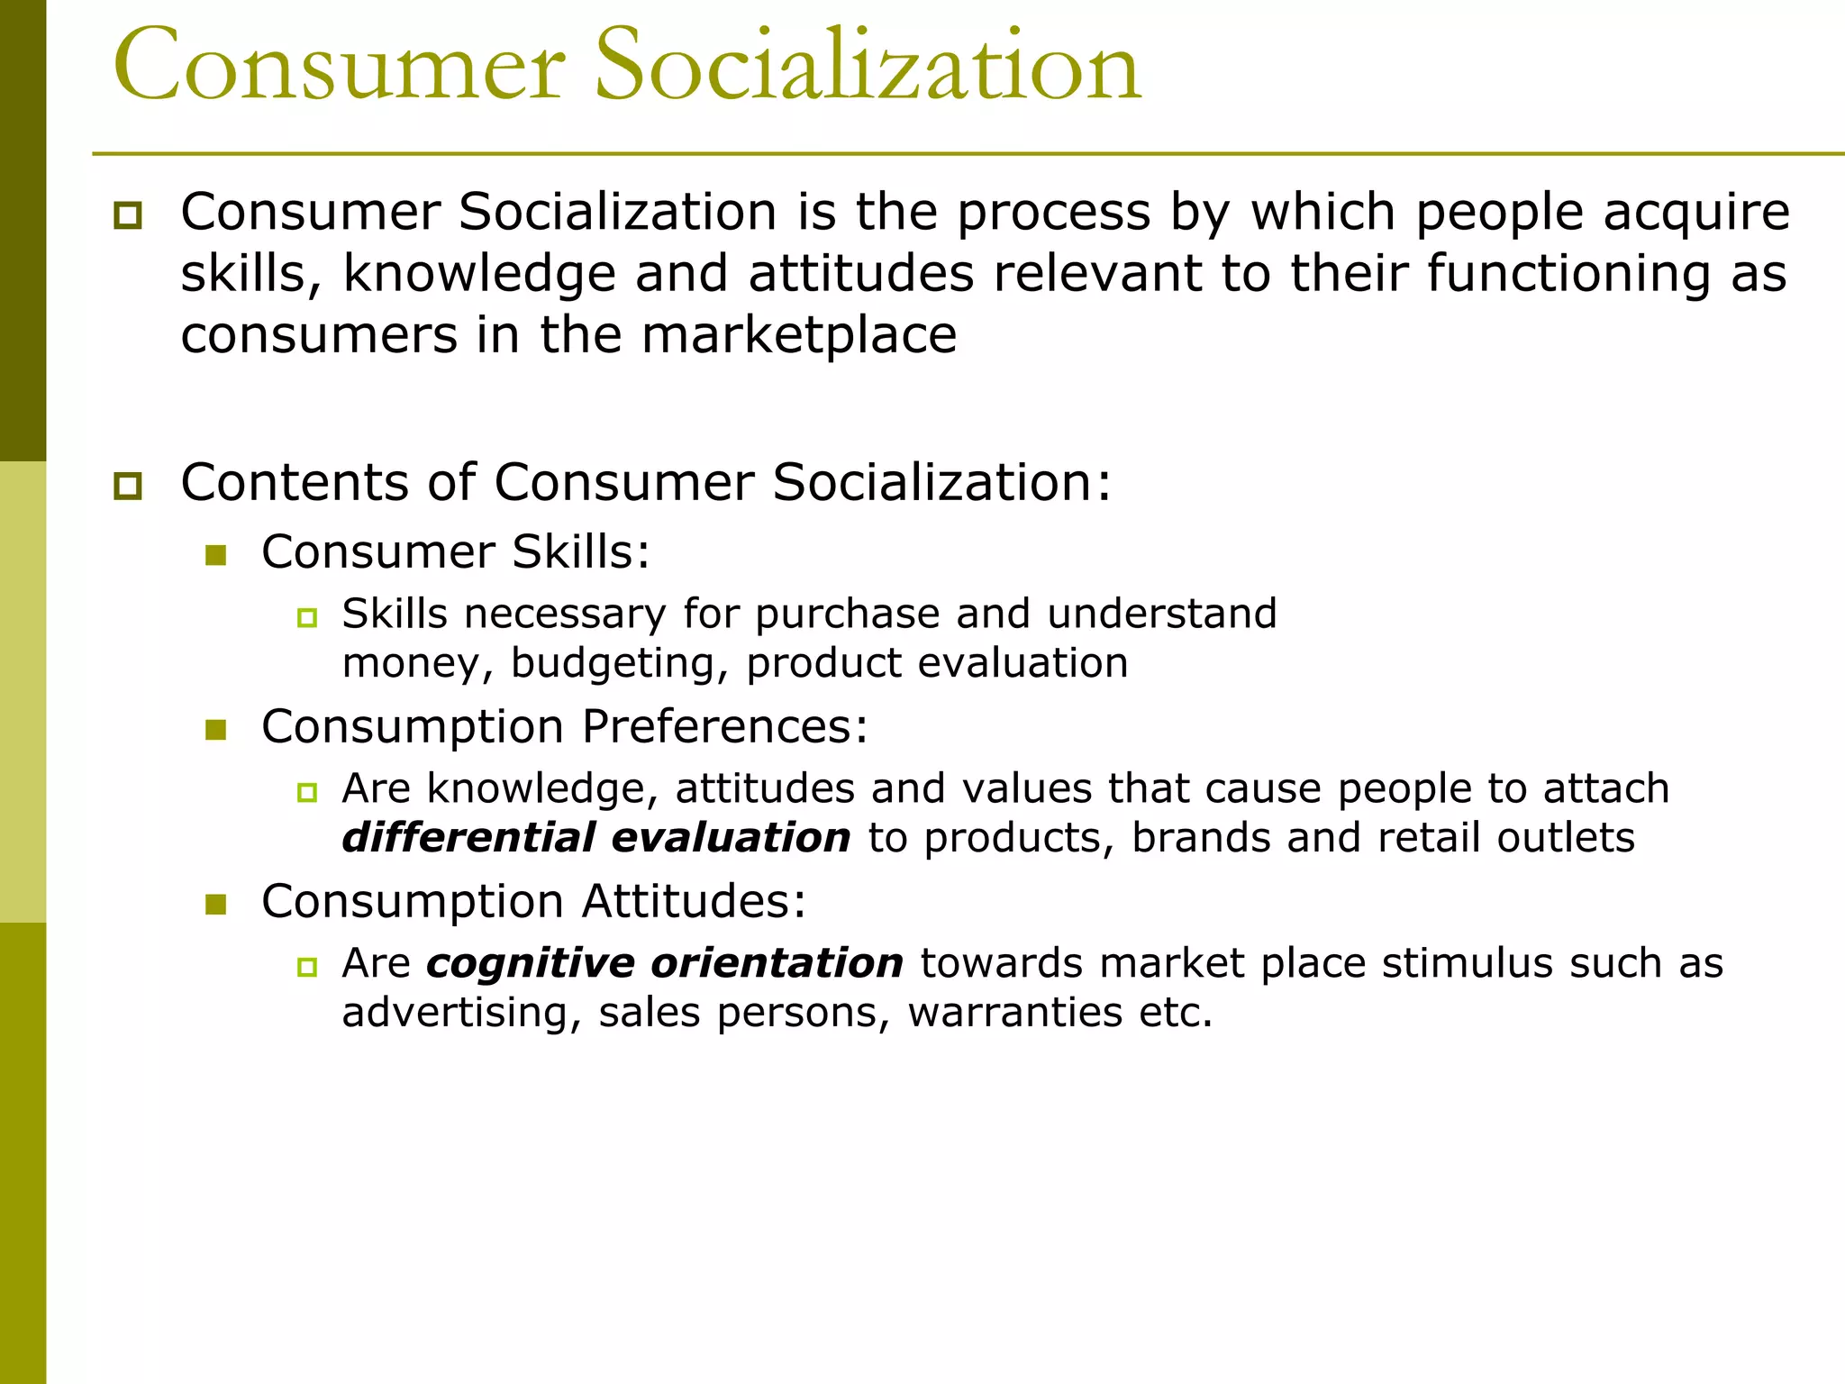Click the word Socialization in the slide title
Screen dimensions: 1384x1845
tap(868, 65)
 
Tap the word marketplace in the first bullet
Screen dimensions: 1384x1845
tap(798, 335)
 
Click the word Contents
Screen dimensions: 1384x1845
tap(294, 482)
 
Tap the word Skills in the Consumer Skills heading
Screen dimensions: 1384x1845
tap(581, 551)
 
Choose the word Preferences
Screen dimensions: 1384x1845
tap(725, 726)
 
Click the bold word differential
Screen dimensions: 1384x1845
tap(468, 838)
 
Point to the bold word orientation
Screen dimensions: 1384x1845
tap(777, 963)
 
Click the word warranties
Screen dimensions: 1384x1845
tap(1014, 1013)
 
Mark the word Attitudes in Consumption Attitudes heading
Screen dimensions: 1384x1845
tap(694, 901)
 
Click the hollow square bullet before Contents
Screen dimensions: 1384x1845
tap(128, 487)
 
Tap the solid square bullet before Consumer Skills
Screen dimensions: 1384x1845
tap(215, 555)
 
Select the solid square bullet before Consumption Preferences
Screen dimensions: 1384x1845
tap(215, 729)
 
